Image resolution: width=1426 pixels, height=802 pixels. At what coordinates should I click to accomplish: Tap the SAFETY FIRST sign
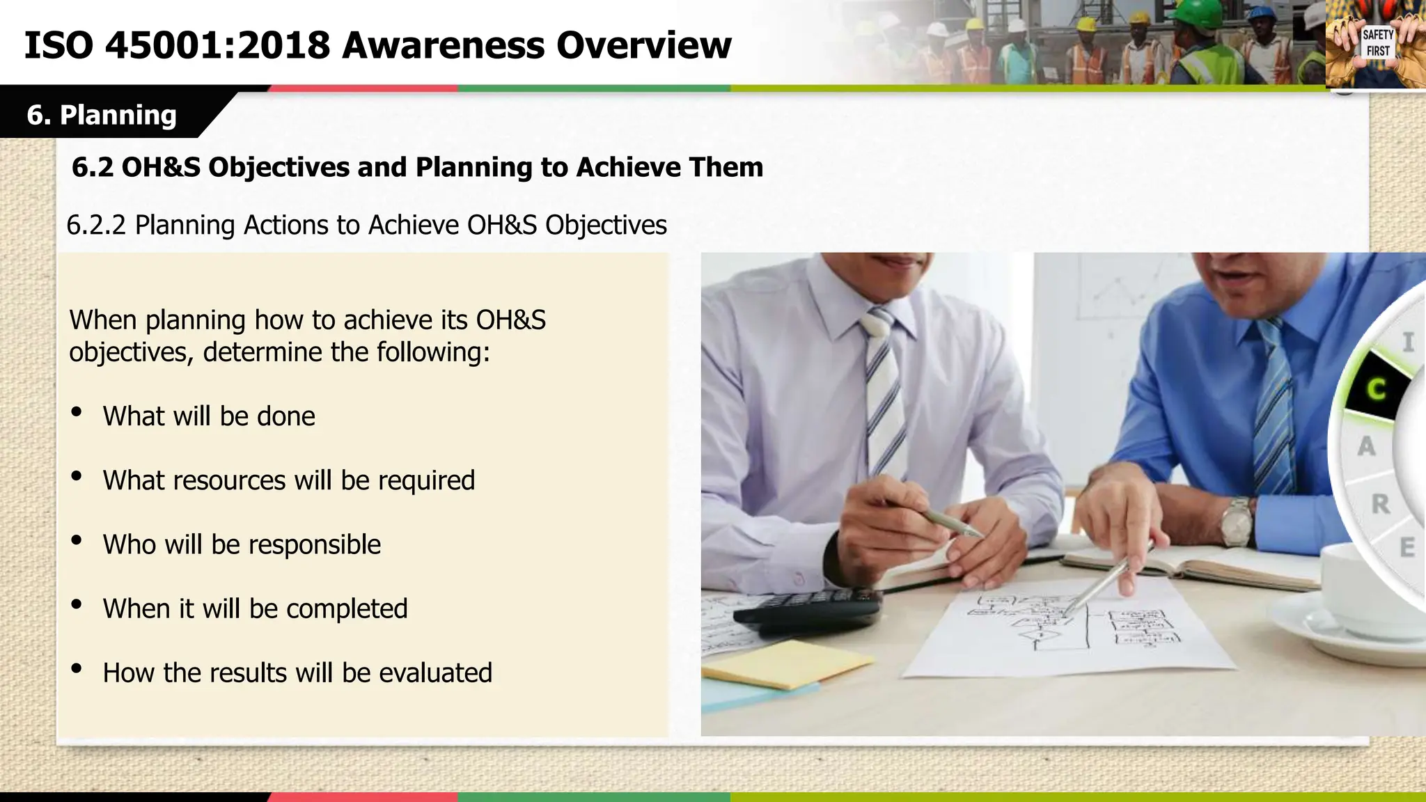[x=1378, y=43]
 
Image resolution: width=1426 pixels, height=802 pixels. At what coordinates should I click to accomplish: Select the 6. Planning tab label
[x=102, y=115]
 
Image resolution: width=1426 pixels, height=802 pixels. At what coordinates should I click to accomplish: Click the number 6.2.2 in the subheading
[x=96, y=226]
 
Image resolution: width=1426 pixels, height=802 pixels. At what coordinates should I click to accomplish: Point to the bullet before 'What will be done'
[x=77, y=412]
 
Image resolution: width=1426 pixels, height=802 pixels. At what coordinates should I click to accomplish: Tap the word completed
[x=347, y=609]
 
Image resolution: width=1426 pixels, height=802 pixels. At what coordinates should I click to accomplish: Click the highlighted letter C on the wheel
[x=1375, y=389]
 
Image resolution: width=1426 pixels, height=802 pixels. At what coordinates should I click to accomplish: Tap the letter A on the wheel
[x=1366, y=446]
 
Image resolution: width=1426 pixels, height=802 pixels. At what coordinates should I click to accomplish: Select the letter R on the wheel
[x=1380, y=503]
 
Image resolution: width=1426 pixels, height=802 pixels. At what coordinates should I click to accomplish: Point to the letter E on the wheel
[x=1407, y=547]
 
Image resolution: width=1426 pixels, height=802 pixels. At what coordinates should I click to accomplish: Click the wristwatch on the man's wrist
[x=1237, y=521]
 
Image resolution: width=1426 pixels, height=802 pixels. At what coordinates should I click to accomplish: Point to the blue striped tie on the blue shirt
[x=1274, y=411]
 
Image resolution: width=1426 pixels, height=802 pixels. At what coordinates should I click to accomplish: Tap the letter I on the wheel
[x=1409, y=342]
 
